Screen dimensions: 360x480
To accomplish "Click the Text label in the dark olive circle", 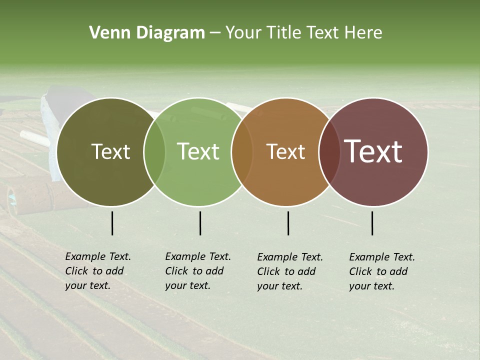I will click(110, 151).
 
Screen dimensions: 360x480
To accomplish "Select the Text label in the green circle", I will click(198, 151).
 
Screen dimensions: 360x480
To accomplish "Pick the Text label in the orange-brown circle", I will click(286, 151).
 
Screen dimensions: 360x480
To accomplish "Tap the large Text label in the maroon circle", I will click(373, 151).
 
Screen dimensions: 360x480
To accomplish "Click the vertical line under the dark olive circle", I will click(112, 223).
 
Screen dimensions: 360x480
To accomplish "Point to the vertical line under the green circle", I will click(200, 223).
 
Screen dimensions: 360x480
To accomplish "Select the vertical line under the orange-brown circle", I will click(288, 223).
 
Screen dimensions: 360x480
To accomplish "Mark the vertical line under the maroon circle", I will click(372, 223).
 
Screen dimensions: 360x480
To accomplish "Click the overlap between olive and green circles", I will click(154, 151).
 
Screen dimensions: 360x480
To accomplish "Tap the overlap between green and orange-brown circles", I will click(242, 151).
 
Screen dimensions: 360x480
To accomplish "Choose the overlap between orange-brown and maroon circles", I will click(329, 151).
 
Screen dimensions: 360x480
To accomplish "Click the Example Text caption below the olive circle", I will click(97, 271).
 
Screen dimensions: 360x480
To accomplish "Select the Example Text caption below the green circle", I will click(197, 271).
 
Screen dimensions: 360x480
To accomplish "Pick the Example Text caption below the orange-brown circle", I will click(289, 271).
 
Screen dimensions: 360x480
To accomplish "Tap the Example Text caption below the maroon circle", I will click(381, 271).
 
